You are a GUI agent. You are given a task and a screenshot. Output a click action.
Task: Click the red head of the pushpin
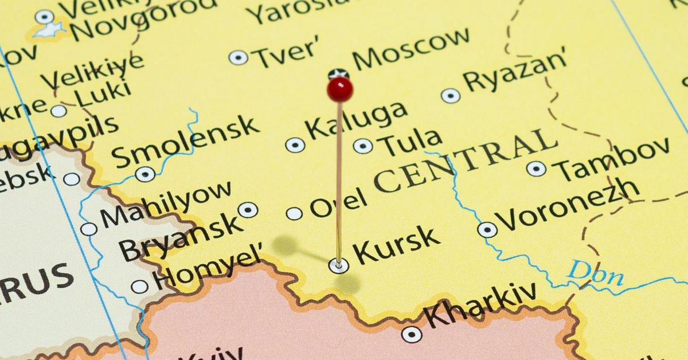click(340, 89)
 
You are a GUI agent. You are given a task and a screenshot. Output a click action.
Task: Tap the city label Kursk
click(396, 245)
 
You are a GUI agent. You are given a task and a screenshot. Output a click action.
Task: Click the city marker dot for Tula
click(362, 146)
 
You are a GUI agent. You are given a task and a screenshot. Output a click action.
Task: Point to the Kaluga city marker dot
click(295, 145)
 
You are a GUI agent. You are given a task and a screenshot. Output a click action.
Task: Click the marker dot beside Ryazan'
click(451, 96)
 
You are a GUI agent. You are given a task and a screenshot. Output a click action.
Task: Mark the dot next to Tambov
click(536, 169)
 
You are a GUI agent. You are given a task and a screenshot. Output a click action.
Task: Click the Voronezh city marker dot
click(487, 230)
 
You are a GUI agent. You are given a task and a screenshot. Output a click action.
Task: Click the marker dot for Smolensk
click(145, 174)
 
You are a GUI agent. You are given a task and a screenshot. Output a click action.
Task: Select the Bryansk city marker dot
click(248, 210)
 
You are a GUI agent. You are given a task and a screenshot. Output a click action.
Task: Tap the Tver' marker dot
click(239, 57)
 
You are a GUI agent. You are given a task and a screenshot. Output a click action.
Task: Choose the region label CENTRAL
click(464, 161)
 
